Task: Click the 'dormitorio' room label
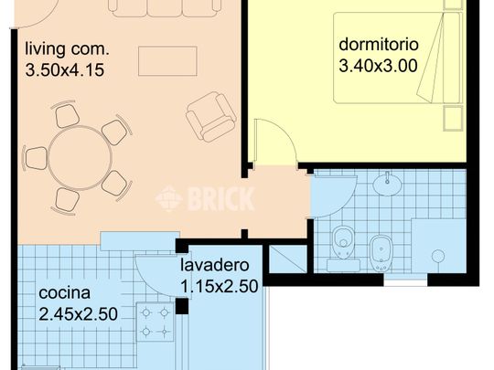click(x=379, y=45)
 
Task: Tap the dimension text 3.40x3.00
click(x=378, y=66)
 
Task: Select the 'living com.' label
click(x=67, y=49)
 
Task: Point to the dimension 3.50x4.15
click(x=65, y=69)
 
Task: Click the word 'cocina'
click(x=65, y=293)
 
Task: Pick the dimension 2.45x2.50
click(x=78, y=314)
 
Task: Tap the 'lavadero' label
click(x=215, y=265)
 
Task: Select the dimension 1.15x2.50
click(x=220, y=286)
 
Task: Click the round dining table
click(x=80, y=158)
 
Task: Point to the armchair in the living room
click(x=210, y=117)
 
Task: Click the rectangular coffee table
click(x=167, y=61)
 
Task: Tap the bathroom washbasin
click(x=387, y=184)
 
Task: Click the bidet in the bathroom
click(x=381, y=253)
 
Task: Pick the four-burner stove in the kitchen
click(x=155, y=322)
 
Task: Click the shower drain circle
click(x=438, y=256)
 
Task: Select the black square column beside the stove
click(x=182, y=306)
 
